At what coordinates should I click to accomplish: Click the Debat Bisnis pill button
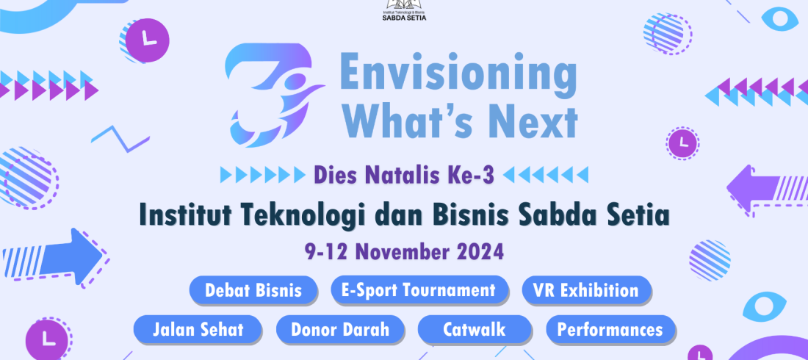pos(253,290)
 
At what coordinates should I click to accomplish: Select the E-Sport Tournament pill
pos(419,290)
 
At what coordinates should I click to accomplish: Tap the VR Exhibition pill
pos(586,290)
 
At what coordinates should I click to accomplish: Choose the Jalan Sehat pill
pos(198,329)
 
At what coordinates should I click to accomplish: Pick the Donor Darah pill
pos(340,329)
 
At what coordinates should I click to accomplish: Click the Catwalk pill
pos(474,329)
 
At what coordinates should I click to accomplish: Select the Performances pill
pos(610,329)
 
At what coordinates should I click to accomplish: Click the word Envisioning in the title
pos(458,74)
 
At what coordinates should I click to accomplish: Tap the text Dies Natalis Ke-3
pos(404,176)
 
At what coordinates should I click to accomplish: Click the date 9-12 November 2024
pos(404,252)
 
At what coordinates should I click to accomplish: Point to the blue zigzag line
pos(120,138)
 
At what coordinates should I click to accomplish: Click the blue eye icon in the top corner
pos(779,19)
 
